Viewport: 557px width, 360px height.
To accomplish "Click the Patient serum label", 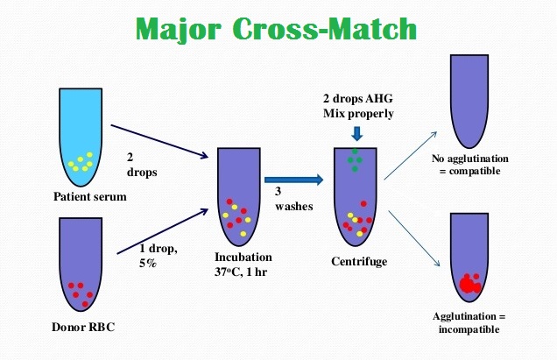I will point(90,196).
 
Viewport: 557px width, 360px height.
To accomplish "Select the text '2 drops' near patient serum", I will point(141,165).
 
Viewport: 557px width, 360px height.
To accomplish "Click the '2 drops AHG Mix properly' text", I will point(357,107).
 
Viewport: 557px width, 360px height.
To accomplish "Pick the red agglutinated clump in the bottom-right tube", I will point(469,282).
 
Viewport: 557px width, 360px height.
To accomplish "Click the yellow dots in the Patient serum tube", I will point(82,161).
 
